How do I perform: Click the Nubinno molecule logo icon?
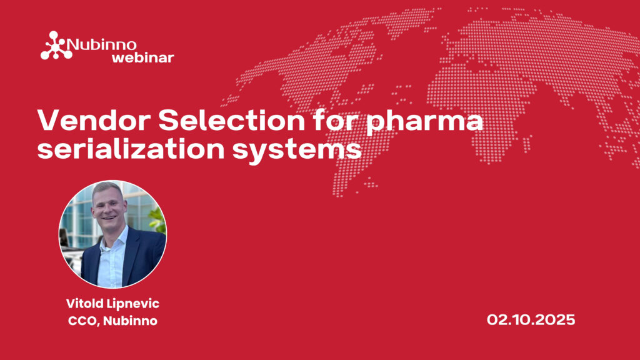click(x=56, y=46)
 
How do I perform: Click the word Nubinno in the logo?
click(x=101, y=44)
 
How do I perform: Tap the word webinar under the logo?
click(x=143, y=57)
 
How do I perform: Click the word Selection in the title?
click(x=231, y=121)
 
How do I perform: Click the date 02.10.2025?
click(x=531, y=319)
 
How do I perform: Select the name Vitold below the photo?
click(x=84, y=303)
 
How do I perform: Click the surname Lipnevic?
click(x=133, y=304)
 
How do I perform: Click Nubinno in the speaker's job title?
click(x=130, y=321)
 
